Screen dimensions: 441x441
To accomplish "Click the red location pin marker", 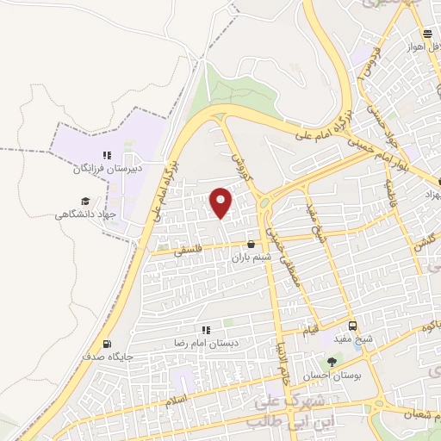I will tap(222, 202).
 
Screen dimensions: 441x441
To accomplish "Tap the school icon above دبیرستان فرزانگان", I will tap(107, 156).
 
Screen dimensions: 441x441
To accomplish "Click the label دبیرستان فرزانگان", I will tap(107, 169).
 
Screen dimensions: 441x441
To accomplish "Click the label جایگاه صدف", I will tap(106, 355).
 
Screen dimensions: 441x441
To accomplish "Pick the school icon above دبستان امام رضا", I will tap(206, 330).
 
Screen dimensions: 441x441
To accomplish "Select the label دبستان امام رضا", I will tap(205, 343).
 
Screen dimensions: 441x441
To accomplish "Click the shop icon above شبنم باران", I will tap(251, 245).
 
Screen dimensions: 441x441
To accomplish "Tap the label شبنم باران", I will tap(253, 257).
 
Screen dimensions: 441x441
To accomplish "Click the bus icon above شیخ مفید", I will tap(352, 326).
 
